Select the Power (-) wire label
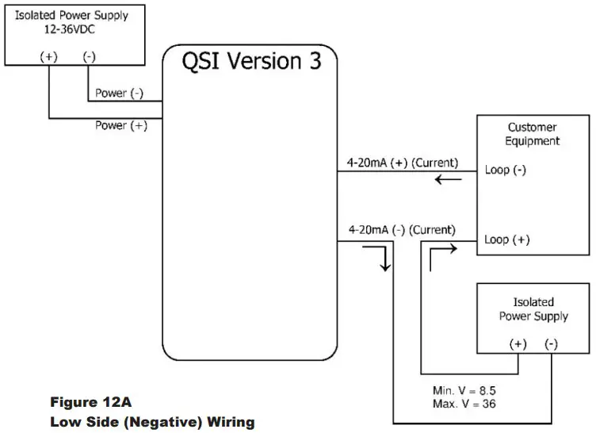click(x=120, y=94)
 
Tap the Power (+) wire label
click(x=120, y=125)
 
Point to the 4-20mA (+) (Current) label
click(x=403, y=163)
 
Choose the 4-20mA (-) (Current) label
click(x=402, y=230)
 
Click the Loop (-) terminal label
click(x=506, y=170)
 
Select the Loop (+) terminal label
click(x=506, y=239)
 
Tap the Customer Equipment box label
click(x=532, y=134)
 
